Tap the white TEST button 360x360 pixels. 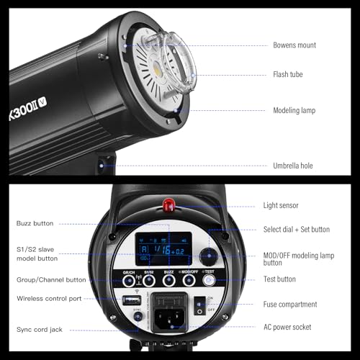[209, 280]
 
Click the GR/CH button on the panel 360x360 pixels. [130, 281]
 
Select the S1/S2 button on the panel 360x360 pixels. [149, 281]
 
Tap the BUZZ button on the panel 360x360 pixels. [169, 281]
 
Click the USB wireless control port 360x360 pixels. [132, 300]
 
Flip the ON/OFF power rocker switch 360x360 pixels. [199, 304]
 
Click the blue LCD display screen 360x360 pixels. [163, 249]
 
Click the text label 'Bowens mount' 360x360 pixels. [294, 45]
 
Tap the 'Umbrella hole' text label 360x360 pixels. [292, 166]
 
